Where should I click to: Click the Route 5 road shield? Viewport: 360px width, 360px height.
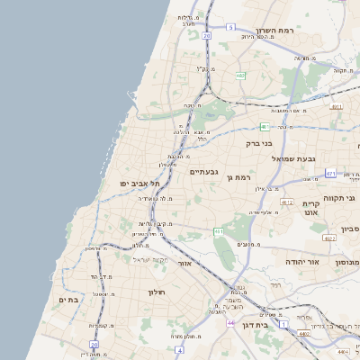pyautogui.click(x=230, y=28)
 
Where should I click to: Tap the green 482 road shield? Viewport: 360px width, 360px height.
pyautogui.click(x=240, y=76)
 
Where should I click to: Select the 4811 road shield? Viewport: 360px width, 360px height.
pyautogui.click(x=337, y=106)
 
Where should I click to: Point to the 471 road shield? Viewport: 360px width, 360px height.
pyautogui.click(x=330, y=173)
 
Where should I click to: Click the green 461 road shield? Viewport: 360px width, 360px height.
pyautogui.click(x=219, y=232)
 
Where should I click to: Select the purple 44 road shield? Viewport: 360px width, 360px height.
pyautogui.click(x=231, y=322)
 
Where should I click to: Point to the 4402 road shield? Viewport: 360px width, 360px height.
pyautogui.click(x=304, y=333)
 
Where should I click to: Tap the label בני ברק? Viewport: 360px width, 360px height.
pyautogui.click(x=259, y=142)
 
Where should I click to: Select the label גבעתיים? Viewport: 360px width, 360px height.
pyautogui.click(x=204, y=171)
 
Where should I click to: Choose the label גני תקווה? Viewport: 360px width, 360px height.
pyautogui.click(x=347, y=197)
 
